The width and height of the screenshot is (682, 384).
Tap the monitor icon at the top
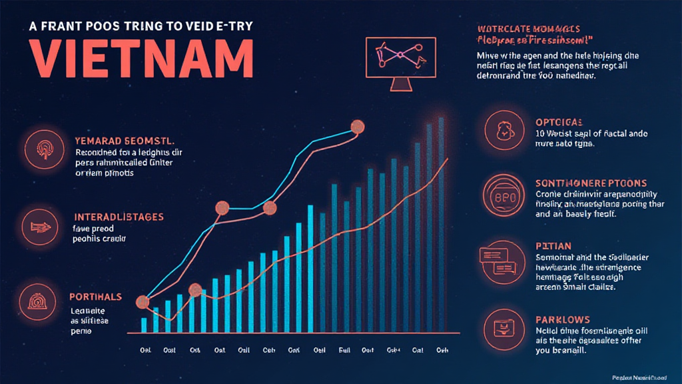point(400,64)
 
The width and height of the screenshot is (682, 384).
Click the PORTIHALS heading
point(96,297)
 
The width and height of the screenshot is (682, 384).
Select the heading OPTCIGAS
point(559,122)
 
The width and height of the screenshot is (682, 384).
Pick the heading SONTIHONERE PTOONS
point(591,183)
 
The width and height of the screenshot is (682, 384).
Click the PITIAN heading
point(553,246)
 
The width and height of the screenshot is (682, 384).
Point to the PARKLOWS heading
point(562,320)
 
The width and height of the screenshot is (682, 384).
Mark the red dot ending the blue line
point(358,127)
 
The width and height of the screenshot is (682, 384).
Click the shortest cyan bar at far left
point(144,325)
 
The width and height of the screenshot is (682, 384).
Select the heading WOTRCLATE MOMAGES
point(528,29)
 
